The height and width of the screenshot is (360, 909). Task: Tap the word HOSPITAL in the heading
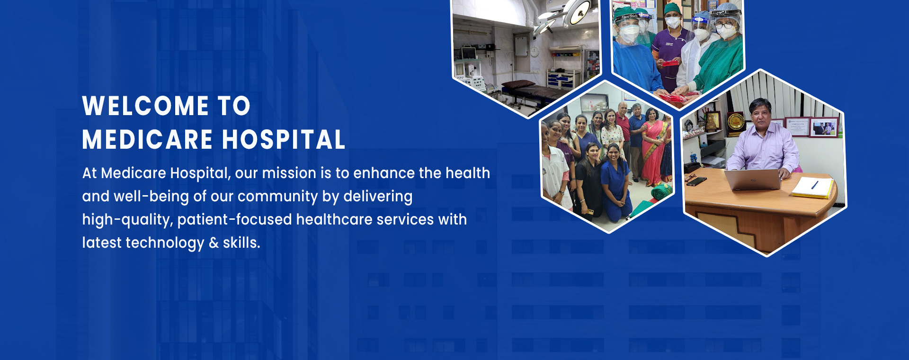284,140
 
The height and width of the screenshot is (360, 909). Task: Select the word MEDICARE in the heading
147,140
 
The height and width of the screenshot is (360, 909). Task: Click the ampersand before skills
214,243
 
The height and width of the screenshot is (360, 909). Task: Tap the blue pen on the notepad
814,184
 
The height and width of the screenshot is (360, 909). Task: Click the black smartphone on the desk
696,181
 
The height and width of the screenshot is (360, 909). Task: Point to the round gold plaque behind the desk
735,121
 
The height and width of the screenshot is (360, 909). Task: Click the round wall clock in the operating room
535,51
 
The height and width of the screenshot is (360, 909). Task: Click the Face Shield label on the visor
630,16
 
